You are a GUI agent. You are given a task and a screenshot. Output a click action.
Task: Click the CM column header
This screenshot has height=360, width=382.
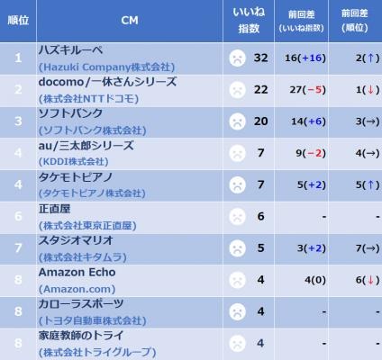(130, 21)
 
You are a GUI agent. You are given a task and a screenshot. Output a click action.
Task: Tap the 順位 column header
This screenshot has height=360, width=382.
(18, 21)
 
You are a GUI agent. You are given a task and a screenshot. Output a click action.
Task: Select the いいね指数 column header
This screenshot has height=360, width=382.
(249, 20)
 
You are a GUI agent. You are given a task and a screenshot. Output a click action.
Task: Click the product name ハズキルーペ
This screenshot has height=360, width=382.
(70, 49)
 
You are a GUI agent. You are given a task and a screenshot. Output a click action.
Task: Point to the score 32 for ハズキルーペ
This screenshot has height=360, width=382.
(260, 58)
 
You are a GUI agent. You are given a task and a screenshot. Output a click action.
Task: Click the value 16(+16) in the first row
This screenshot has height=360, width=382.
(305, 58)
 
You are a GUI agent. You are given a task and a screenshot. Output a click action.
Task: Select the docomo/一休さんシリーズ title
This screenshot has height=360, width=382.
(107, 82)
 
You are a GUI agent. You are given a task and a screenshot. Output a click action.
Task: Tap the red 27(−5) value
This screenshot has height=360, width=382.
(307, 90)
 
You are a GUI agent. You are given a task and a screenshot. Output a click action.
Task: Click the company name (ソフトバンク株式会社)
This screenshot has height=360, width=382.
(93, 130)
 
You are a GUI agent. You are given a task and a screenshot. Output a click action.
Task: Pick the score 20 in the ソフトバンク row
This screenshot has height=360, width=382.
(260, 121)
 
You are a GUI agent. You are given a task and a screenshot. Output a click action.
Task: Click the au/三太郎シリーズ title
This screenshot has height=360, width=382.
(86, 146)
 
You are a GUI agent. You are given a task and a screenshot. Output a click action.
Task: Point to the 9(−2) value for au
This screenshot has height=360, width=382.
(311, 153)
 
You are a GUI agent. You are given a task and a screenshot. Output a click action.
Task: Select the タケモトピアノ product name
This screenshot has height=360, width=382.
(75, 177)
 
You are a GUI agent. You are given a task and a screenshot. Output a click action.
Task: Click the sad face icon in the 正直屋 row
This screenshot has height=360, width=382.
(237, 217)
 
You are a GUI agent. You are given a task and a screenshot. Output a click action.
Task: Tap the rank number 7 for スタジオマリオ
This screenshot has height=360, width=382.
(18, 248)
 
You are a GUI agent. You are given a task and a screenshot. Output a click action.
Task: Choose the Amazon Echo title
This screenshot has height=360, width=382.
(77, 273)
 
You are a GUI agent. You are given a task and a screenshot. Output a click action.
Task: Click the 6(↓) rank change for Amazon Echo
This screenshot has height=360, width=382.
(368, 280)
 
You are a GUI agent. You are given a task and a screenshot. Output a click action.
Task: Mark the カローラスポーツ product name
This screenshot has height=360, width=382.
(81, 304)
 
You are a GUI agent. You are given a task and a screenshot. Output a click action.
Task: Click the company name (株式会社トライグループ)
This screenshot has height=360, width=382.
(97, 352)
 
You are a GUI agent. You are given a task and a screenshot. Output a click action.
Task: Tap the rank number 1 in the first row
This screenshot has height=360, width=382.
(18, 58)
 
